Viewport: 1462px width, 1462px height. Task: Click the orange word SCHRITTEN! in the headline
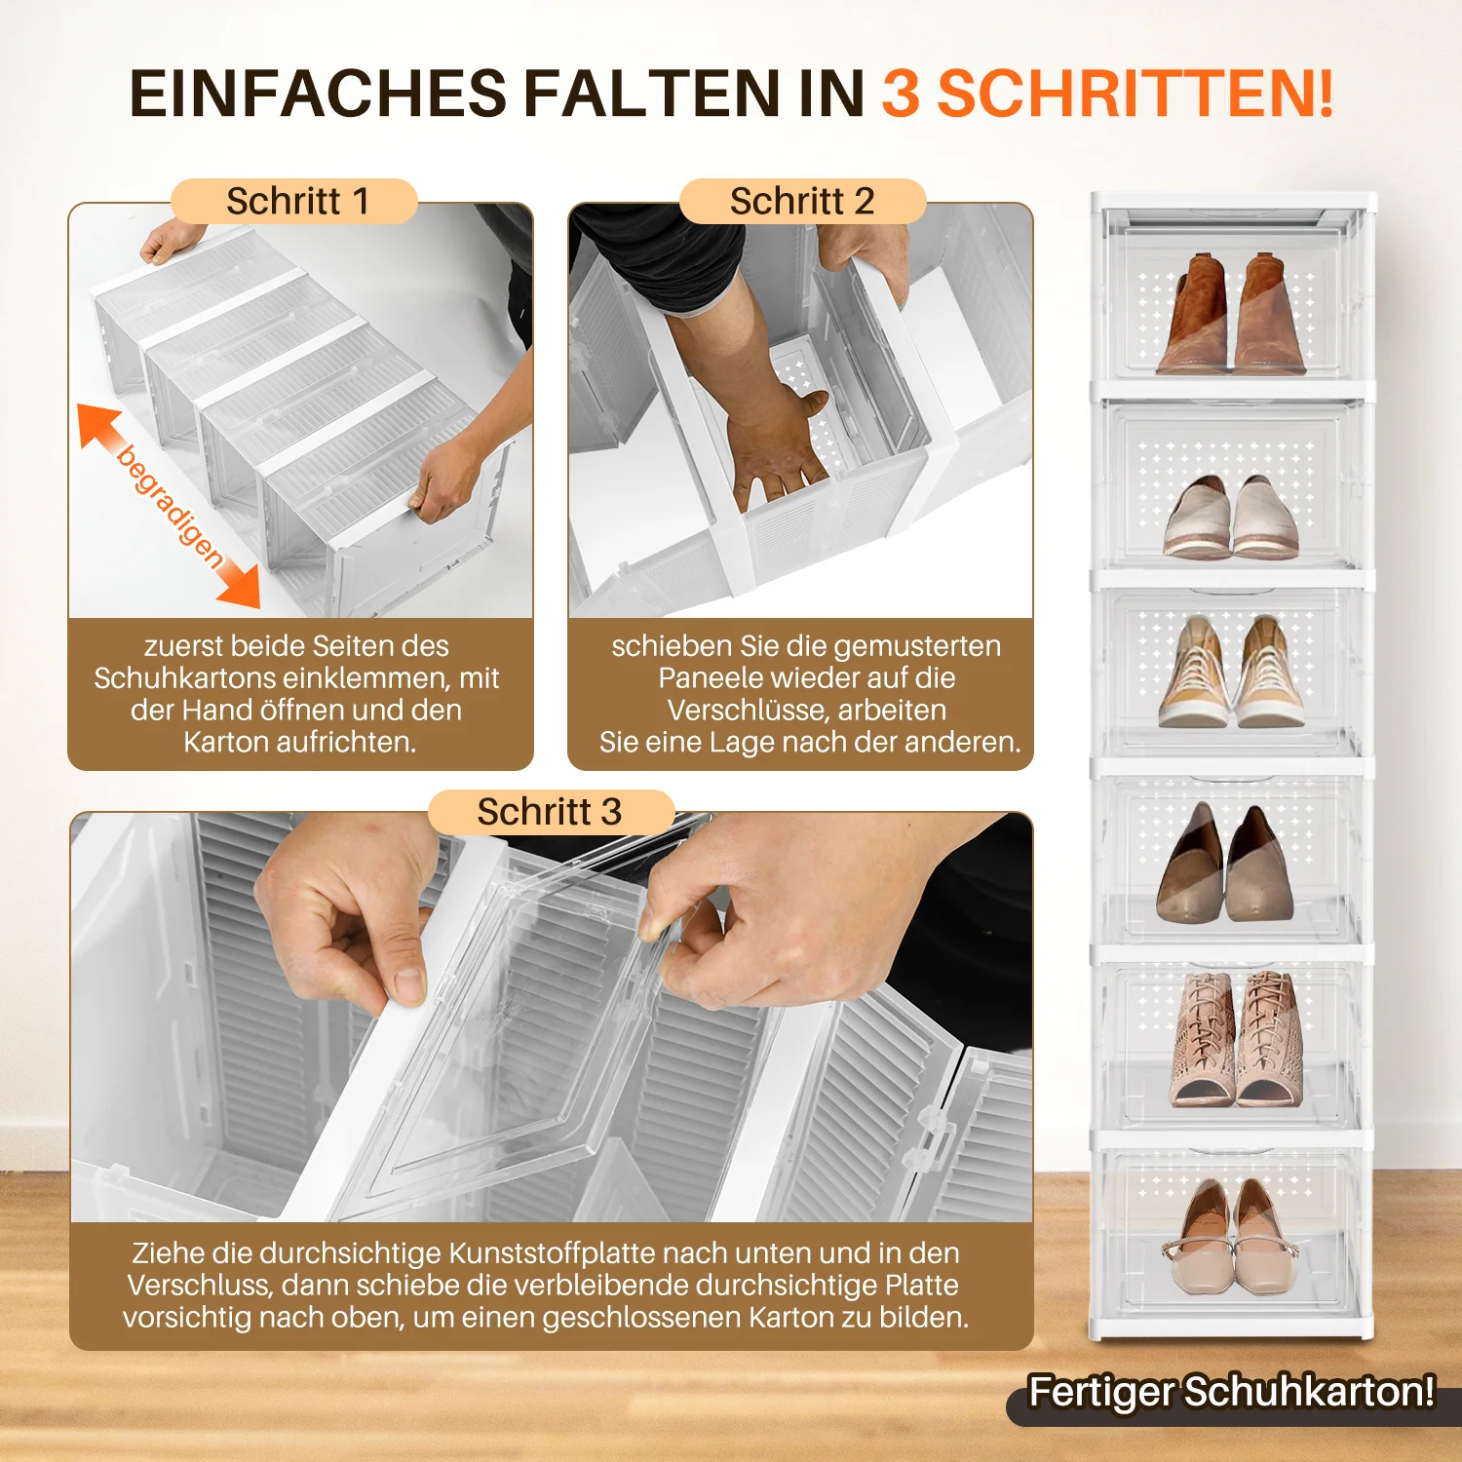1135,95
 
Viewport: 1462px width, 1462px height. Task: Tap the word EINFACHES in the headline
318,95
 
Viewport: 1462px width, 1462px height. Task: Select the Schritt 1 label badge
294,202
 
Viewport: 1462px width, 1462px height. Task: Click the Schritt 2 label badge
801,202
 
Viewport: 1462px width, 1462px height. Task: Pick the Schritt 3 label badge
550,812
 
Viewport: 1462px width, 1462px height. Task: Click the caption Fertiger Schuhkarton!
1232,1392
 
